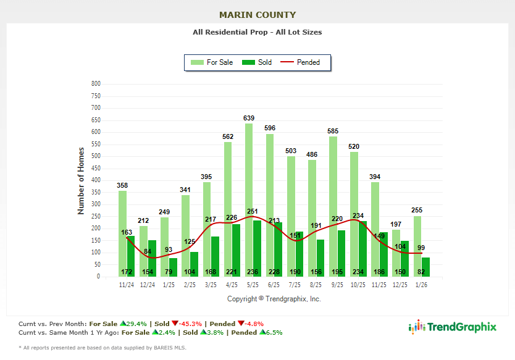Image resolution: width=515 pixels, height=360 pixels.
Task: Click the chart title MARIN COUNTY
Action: (x=257, y=15)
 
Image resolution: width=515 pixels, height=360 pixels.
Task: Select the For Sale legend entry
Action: (x=212, y=62)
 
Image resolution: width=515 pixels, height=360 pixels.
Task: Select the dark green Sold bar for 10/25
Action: (x=362, y=247)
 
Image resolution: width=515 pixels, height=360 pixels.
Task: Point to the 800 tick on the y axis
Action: (x=96, y=83)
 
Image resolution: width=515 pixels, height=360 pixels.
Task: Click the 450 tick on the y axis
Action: (x=96, y=168)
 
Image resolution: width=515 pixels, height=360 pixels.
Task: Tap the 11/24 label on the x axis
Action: (x=127, y=285)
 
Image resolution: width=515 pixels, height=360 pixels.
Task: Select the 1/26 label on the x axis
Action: (x=421, y=285)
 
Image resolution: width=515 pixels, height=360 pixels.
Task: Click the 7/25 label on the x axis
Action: (x=295, y=285)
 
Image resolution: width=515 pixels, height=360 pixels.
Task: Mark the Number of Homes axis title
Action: (x=81, y=180)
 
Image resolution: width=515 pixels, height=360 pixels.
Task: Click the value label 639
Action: (x=249, y=118)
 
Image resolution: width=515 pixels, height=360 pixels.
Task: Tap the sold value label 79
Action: (x=169, y=272)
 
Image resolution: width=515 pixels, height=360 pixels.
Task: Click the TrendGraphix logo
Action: (x=453, y=327)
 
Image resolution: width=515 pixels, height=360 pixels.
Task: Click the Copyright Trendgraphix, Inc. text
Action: (x=274, y=299)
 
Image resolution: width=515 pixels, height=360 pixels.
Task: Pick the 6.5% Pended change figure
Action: (x=272, y=333)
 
